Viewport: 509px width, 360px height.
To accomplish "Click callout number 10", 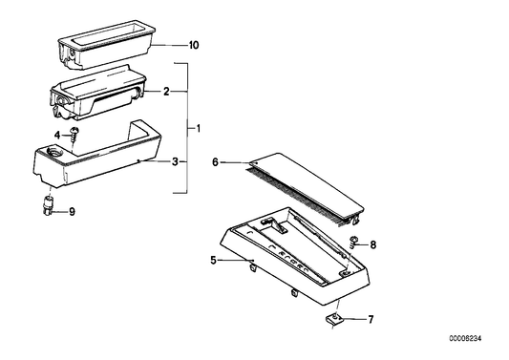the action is click(x=194, y=45).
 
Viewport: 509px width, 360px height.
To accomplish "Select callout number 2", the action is click(x=166, y=92).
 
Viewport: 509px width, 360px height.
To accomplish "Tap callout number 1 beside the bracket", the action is click(x=199, y=129).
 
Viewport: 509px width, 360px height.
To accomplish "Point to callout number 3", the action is click(x=175, y=161).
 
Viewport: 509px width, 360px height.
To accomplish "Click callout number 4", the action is click(x=57, y=135).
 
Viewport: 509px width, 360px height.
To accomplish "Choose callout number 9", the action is click(x=72, y=212).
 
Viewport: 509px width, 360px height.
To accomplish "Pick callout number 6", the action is click(x=215, y=162).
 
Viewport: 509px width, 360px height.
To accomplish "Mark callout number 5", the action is click(x=213, y=260).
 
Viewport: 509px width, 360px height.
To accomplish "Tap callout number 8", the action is click(x=373, y=244).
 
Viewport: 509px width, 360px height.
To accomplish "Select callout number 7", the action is click(x=371, y=320).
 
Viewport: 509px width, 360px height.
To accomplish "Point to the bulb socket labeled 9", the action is click(x=48, y=204).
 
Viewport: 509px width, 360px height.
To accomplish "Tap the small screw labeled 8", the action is click(x=353, y=243).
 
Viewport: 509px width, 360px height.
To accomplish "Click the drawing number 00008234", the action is click(x=465, y=339).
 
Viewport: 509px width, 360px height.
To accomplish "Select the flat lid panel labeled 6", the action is click(x=306, y=188).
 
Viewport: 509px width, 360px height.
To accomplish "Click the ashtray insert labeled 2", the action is click(x=97, y=93).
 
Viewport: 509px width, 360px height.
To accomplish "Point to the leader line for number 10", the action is click(x=170, y=45).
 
